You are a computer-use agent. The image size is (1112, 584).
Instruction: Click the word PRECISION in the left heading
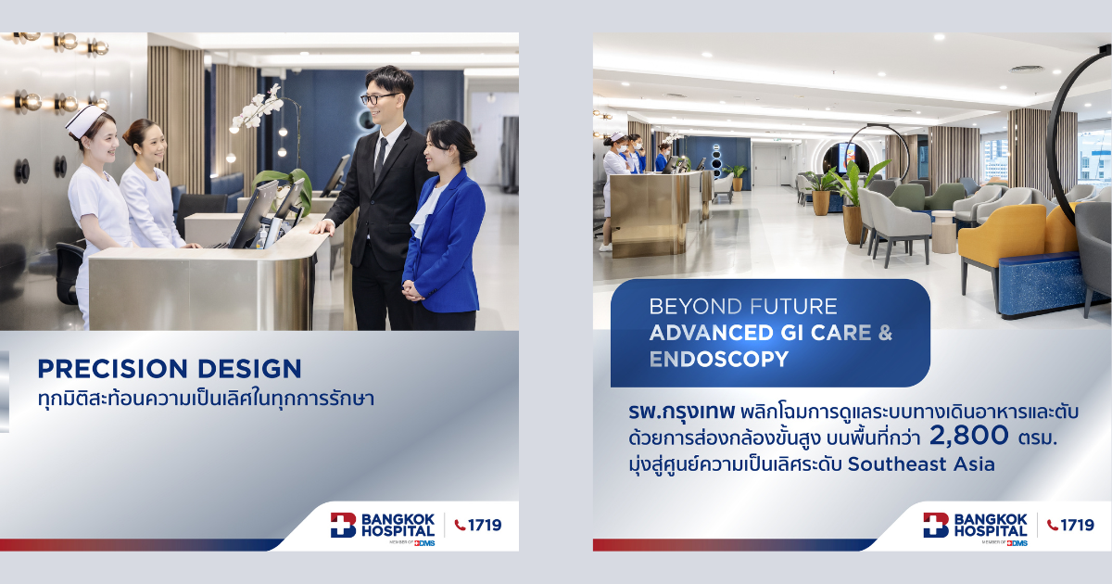[x=112, y=369]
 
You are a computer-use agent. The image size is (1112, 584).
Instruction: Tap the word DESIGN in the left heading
[x=249, y=369]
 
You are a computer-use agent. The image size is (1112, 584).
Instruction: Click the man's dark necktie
[x=380, y=159]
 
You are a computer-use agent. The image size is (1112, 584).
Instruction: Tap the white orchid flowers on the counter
[x=259, y=109]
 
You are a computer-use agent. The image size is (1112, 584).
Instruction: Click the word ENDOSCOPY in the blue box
[x=719, y=359]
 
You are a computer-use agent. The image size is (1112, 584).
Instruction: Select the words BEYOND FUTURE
[x=743, y=307]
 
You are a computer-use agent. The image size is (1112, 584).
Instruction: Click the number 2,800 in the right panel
[x=968, y=436]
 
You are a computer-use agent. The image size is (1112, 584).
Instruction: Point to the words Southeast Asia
[x=921, y=464]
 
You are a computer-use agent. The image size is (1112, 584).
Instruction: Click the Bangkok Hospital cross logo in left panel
[x=343, y=526]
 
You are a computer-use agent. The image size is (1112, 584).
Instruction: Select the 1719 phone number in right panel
[x=1077, y=525]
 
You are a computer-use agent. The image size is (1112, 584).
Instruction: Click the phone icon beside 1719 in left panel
[x=461, y=525]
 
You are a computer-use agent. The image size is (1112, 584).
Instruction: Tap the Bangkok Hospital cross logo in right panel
[x=936, y=526]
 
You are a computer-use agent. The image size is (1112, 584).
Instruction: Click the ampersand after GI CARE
[x=885, y=333]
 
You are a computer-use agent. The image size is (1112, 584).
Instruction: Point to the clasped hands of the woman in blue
[x=413, y=290]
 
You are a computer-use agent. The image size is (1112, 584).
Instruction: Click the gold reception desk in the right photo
[x=650, y=214]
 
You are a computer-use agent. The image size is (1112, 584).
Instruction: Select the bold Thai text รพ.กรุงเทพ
[x=680, y=412]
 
